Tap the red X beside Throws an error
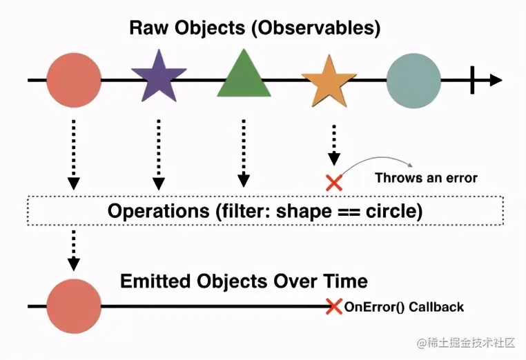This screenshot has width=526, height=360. [334, 182]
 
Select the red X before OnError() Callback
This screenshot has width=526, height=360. [334, 306]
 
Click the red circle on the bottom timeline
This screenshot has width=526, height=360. [74, 306]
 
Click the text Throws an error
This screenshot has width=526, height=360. [426, 178]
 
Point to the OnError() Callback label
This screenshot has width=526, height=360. [404, 307]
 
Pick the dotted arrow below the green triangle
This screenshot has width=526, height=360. [243, 152]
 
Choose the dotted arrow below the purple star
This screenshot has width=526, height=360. [159, 153]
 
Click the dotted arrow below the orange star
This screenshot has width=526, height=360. [334, 145]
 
